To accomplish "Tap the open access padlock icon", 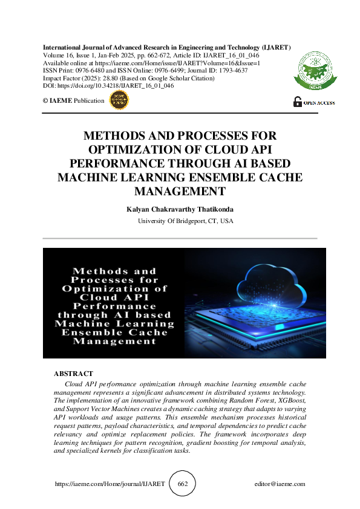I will pos(297,102).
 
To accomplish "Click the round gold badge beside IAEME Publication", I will pos(118,101).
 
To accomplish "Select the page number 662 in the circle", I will pos(183,484).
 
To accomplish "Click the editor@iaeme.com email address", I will pos(280,484).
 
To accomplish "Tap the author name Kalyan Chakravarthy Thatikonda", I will pos(180,209).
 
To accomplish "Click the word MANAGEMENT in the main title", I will pos(180,191).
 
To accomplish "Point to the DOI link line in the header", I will pos(108,86).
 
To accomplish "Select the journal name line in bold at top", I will pos(166,47).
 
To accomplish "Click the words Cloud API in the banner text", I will pos(114,297).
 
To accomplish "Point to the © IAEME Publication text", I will pos(73,101).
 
